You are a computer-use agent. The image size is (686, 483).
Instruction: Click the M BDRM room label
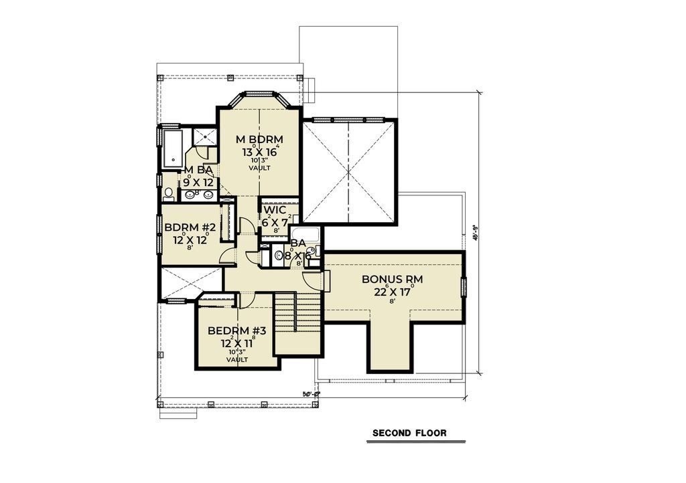coord(259,139)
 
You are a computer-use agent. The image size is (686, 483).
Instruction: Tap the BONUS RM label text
coord(392,278)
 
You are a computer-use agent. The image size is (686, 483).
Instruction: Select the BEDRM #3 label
coord(236,330)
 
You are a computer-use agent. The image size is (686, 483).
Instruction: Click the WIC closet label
coord(275,210)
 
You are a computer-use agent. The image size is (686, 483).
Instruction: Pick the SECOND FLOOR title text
coord(409,433)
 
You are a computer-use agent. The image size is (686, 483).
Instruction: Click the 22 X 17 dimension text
coord(392,291)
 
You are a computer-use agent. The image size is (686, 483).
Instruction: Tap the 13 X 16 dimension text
coord(260,152)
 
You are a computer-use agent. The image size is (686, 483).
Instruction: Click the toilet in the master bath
coord(168,194)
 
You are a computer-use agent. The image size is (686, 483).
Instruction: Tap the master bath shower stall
coord(203,136)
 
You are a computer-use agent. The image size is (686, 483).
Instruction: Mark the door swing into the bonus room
coord(312,280)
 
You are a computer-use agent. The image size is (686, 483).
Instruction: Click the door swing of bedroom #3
coord(245,301)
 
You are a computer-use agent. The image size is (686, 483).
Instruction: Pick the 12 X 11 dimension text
coord(236,343)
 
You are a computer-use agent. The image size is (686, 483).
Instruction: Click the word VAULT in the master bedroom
coord(259,168)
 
